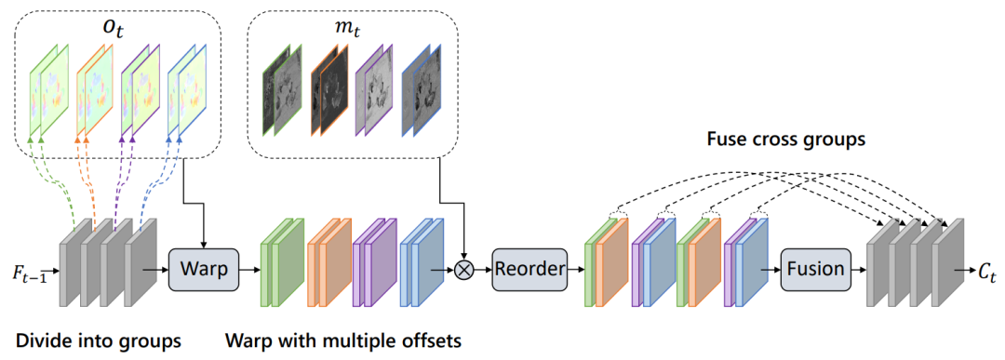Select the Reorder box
[529, 269]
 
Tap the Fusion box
[814, 269]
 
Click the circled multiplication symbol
[462, 270]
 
